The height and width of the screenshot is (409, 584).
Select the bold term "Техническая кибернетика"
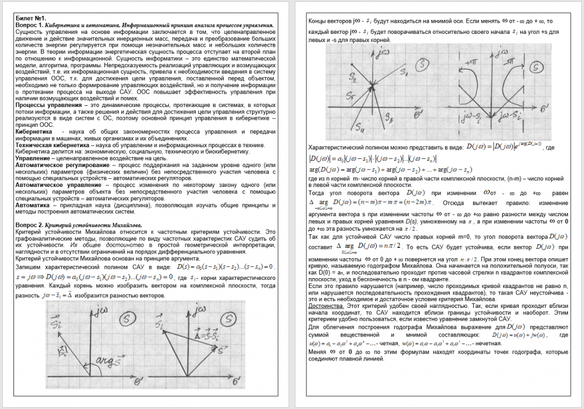coord(48,144)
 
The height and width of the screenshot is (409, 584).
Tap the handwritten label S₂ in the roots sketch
coord(337,76)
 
